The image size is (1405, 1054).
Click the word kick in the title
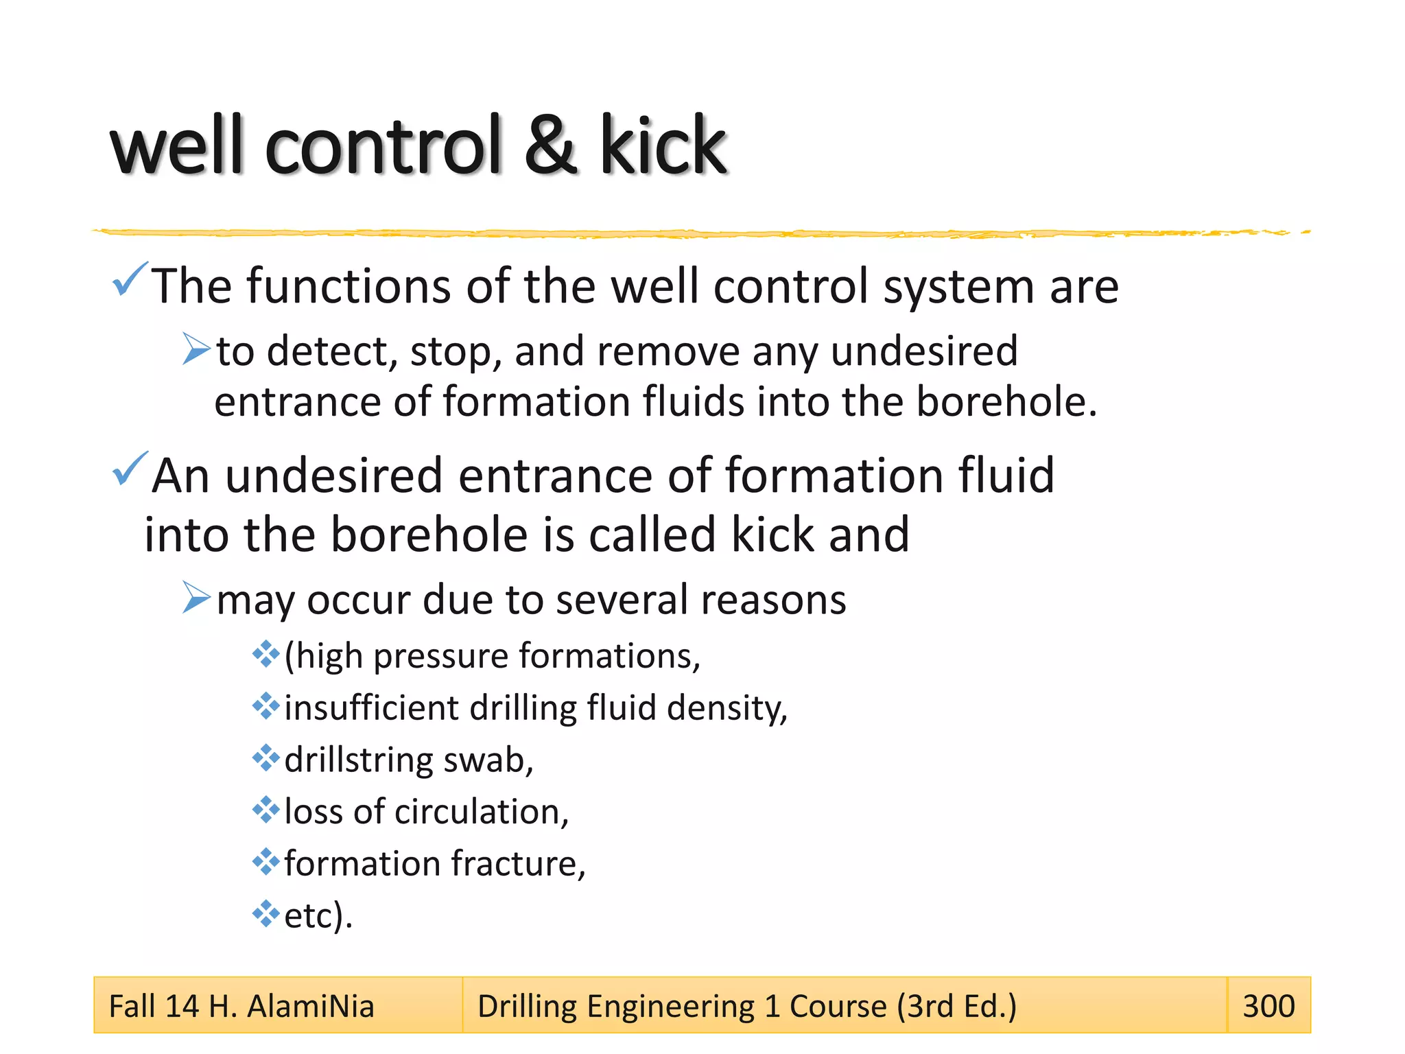[662, 145]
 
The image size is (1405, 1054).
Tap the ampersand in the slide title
[550, 145]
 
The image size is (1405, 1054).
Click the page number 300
[1268, 1006]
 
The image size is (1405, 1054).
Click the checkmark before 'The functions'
[130, 279]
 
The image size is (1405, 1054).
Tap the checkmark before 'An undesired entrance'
[130, 469]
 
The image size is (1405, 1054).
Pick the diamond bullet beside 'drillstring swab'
[265, 758]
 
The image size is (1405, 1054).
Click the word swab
[488, 760]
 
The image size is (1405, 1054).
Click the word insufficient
[371, 707]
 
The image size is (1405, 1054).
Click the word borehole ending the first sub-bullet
[1006, 401]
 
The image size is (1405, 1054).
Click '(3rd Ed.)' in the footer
[956, 1007]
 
